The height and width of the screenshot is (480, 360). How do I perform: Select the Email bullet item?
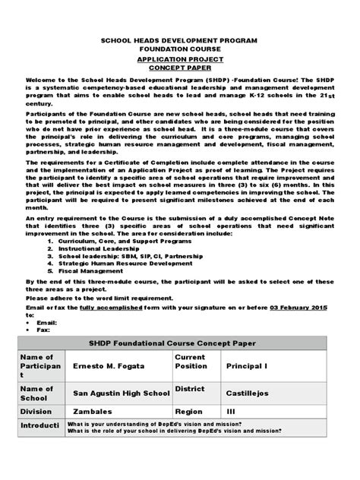pyautogui.click(x=48, y=322)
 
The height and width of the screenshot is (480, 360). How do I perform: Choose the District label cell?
pyautogui.click(x=190, y=389)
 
